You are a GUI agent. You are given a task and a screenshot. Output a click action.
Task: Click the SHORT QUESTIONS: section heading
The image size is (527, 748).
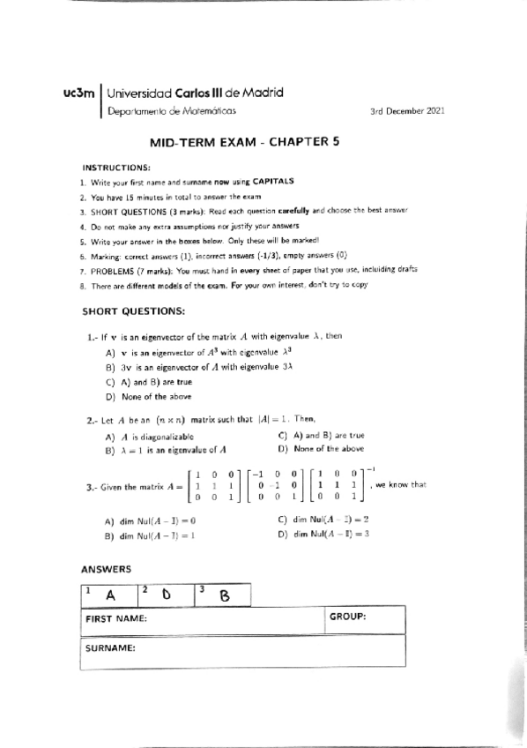coord(133,311)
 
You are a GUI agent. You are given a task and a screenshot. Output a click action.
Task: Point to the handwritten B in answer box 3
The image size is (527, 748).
coord(224,596)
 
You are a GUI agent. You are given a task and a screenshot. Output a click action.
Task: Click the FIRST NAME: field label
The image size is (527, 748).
coord(115,618)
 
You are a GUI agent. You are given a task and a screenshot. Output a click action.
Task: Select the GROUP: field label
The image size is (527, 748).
coord(347,617)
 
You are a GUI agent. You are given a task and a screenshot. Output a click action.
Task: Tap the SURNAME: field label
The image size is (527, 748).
coord(110,648)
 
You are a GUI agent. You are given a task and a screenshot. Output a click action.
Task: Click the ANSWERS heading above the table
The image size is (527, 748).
coord(106,570)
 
